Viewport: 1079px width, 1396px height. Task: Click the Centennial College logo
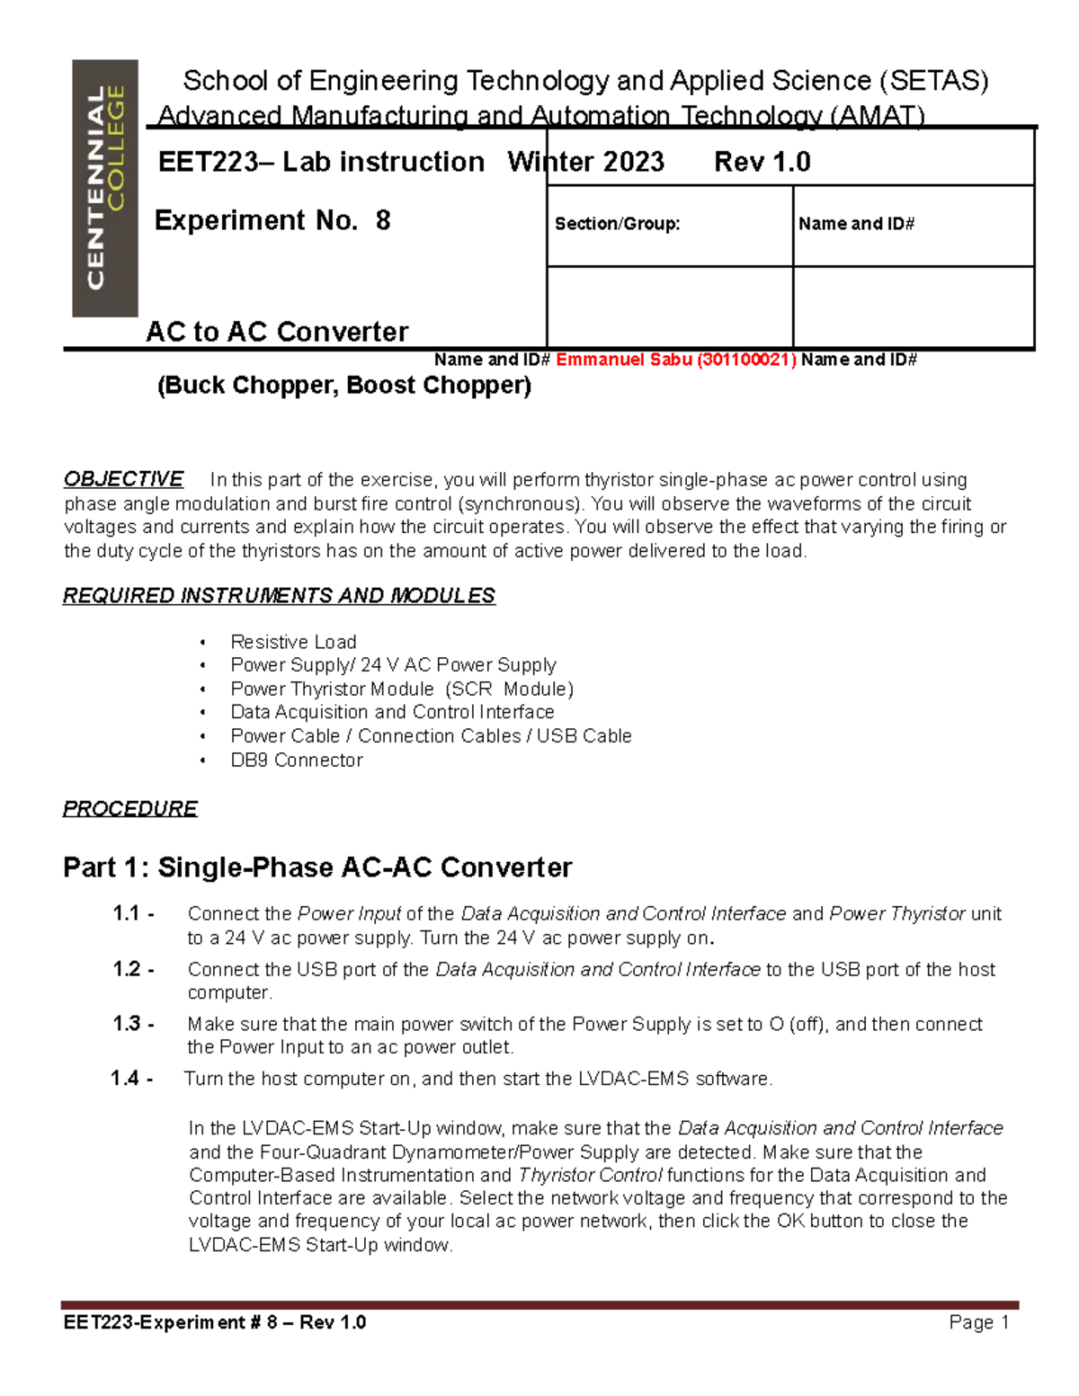(105, 188)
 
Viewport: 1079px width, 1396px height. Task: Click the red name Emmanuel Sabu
(623, 360)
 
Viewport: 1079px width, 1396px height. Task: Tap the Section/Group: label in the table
(617, 224)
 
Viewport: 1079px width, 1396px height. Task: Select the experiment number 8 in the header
(383, 220)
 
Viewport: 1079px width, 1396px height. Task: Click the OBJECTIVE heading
(123, 479)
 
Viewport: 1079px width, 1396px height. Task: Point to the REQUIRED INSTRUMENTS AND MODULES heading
(279, 596)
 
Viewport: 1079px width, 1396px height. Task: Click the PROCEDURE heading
(130, 808)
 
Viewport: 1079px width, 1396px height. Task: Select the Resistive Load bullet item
(293, 642)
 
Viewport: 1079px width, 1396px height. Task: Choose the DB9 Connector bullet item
(296, 760)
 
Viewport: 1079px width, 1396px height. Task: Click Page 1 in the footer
(978, 1322)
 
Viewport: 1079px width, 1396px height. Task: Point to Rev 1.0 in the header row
(762, 162)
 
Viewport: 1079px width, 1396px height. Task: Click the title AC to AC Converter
(277, 332)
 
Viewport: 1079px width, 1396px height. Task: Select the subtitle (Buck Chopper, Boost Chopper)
(344, 386)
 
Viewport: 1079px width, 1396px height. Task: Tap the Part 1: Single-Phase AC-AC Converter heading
(317, 867)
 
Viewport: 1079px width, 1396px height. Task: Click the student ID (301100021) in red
(746, 360)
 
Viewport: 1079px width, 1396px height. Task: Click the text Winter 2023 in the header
(585, 162)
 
